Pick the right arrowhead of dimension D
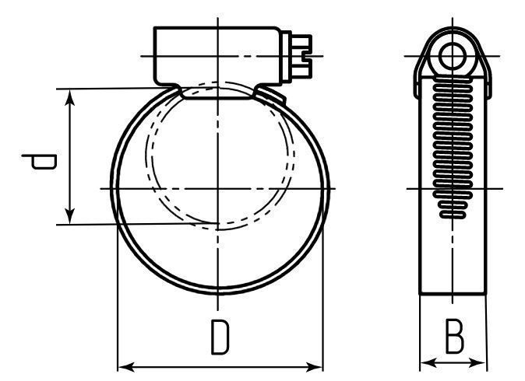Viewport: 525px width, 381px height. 315,365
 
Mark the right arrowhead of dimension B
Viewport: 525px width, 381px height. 481,362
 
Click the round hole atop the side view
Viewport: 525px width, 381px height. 453,55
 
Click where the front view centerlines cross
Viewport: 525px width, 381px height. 219,189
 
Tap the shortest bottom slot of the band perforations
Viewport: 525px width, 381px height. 453,212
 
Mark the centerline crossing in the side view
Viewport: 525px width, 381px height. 453,189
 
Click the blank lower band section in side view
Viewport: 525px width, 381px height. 453,257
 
